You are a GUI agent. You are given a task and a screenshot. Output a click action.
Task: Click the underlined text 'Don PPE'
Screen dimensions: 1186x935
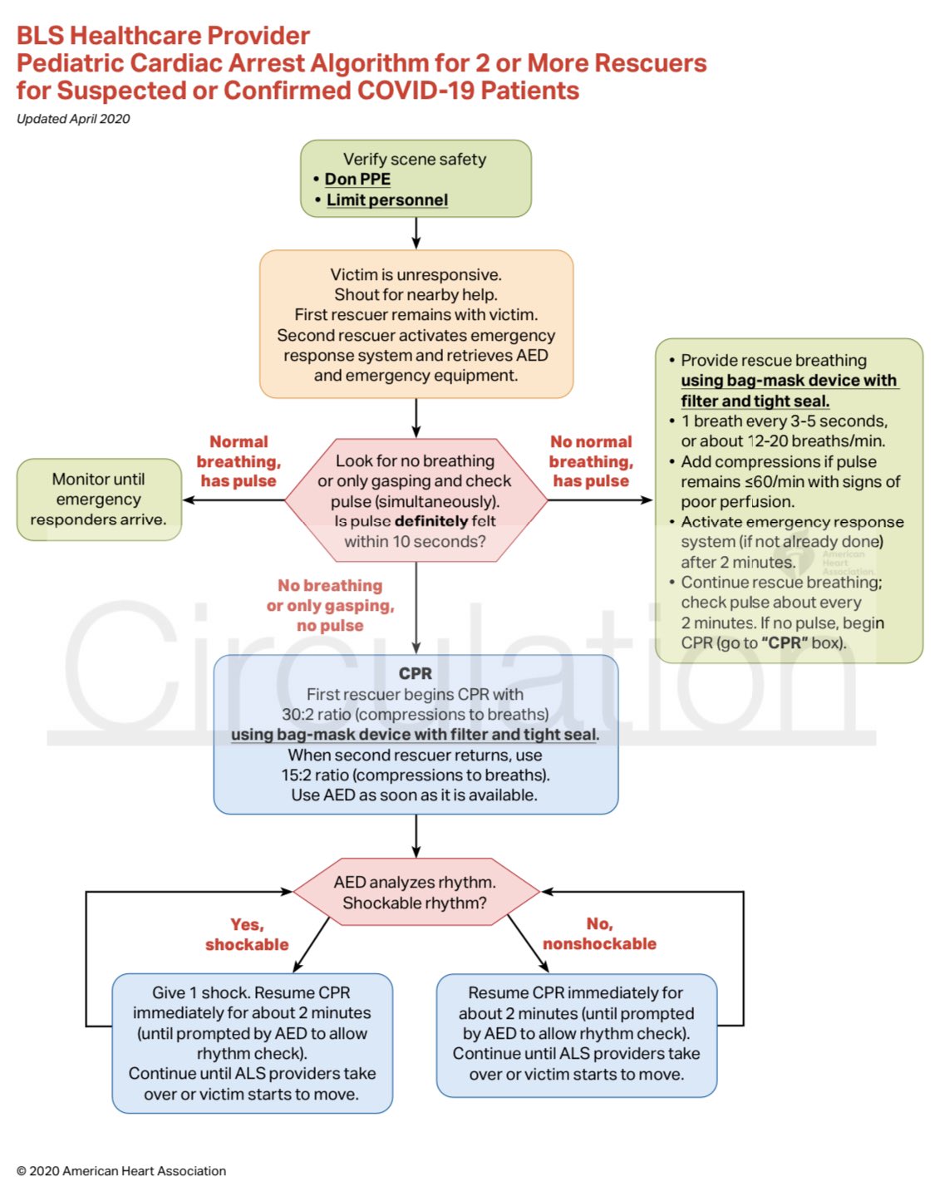tap(357, 180)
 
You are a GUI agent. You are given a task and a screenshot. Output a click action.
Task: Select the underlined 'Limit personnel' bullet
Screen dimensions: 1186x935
tap(386, 200)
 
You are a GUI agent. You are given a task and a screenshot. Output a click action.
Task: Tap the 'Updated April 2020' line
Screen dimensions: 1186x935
tap(73, 119)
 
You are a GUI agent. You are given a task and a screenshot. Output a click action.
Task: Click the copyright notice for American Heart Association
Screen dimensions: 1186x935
tap(121, 1170)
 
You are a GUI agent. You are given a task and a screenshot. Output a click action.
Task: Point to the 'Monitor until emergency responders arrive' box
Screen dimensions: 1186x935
tap(99, 499)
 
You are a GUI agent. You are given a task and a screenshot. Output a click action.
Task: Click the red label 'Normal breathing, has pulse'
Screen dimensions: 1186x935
tap(239, 461)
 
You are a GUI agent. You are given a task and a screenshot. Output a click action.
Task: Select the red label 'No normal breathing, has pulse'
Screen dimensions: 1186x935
tap(591, 461)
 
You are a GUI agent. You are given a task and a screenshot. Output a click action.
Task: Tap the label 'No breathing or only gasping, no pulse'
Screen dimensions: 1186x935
tap(330, 605)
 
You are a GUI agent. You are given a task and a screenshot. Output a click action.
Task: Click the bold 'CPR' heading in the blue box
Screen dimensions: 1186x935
tap(416, 673)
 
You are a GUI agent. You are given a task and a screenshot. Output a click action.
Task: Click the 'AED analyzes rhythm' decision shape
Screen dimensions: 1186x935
tap(415, 893)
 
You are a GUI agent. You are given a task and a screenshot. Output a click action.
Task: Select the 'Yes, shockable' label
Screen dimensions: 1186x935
tap(247, 934)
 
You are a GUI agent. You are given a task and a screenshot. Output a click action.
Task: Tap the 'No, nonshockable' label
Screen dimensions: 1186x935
tap(599, 934)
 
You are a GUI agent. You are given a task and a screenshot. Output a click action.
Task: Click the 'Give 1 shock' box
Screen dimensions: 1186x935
tap(252, 1043)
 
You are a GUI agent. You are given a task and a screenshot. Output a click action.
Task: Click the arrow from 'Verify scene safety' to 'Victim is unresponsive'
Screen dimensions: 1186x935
tap(416, 233)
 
